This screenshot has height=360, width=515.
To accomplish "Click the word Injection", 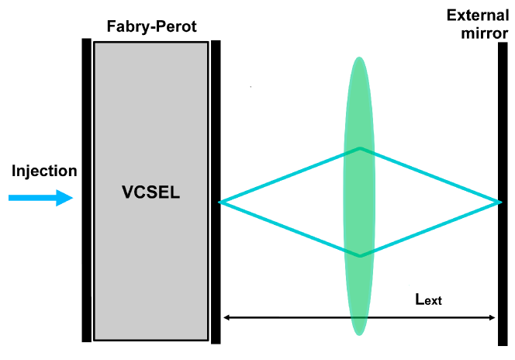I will [44, 171].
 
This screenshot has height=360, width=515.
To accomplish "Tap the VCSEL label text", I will [150, 193].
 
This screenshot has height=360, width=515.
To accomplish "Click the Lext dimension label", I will [428, 299].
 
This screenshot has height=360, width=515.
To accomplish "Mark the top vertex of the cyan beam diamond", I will [358, 148].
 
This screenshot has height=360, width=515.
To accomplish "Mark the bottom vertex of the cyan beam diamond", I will [358, 255].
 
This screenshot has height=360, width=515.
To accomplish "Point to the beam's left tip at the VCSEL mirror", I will [221, 202].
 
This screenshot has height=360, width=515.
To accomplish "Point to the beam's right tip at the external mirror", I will [500, 202].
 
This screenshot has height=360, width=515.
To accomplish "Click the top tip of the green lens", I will [358, 57].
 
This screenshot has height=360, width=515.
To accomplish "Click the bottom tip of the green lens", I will [358, 334].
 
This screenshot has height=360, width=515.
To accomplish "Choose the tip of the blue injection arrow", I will [72, 199].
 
